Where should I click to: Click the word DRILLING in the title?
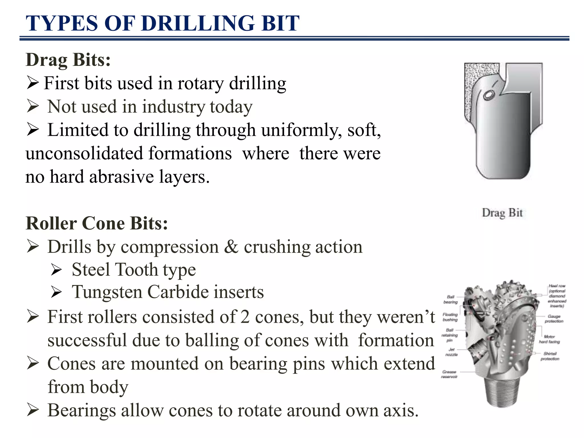(198, 23)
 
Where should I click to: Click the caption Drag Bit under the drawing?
(502, 213)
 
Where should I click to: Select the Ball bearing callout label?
(451, 299)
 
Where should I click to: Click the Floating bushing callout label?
(450, 317)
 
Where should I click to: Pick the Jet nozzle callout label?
(451, 352)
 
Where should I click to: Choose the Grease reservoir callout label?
(449, 374)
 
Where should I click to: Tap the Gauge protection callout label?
(554, 319)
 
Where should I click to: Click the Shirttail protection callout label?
(550, 356)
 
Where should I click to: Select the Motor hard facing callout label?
(549, 339)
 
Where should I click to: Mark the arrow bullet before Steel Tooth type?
(56, 270)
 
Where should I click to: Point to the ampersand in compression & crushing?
(231, 247)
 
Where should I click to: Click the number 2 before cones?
(245, 317)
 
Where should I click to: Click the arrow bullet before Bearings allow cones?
(33, 410)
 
